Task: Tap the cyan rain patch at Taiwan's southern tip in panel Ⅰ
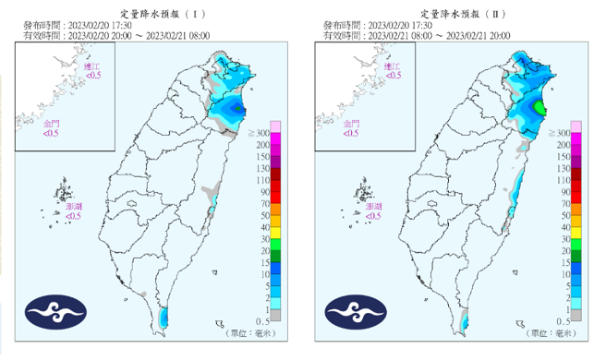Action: pyautogui.click(x=164, y=318)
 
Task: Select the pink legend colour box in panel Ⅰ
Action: pyautogui.click(x=274, y=126)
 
